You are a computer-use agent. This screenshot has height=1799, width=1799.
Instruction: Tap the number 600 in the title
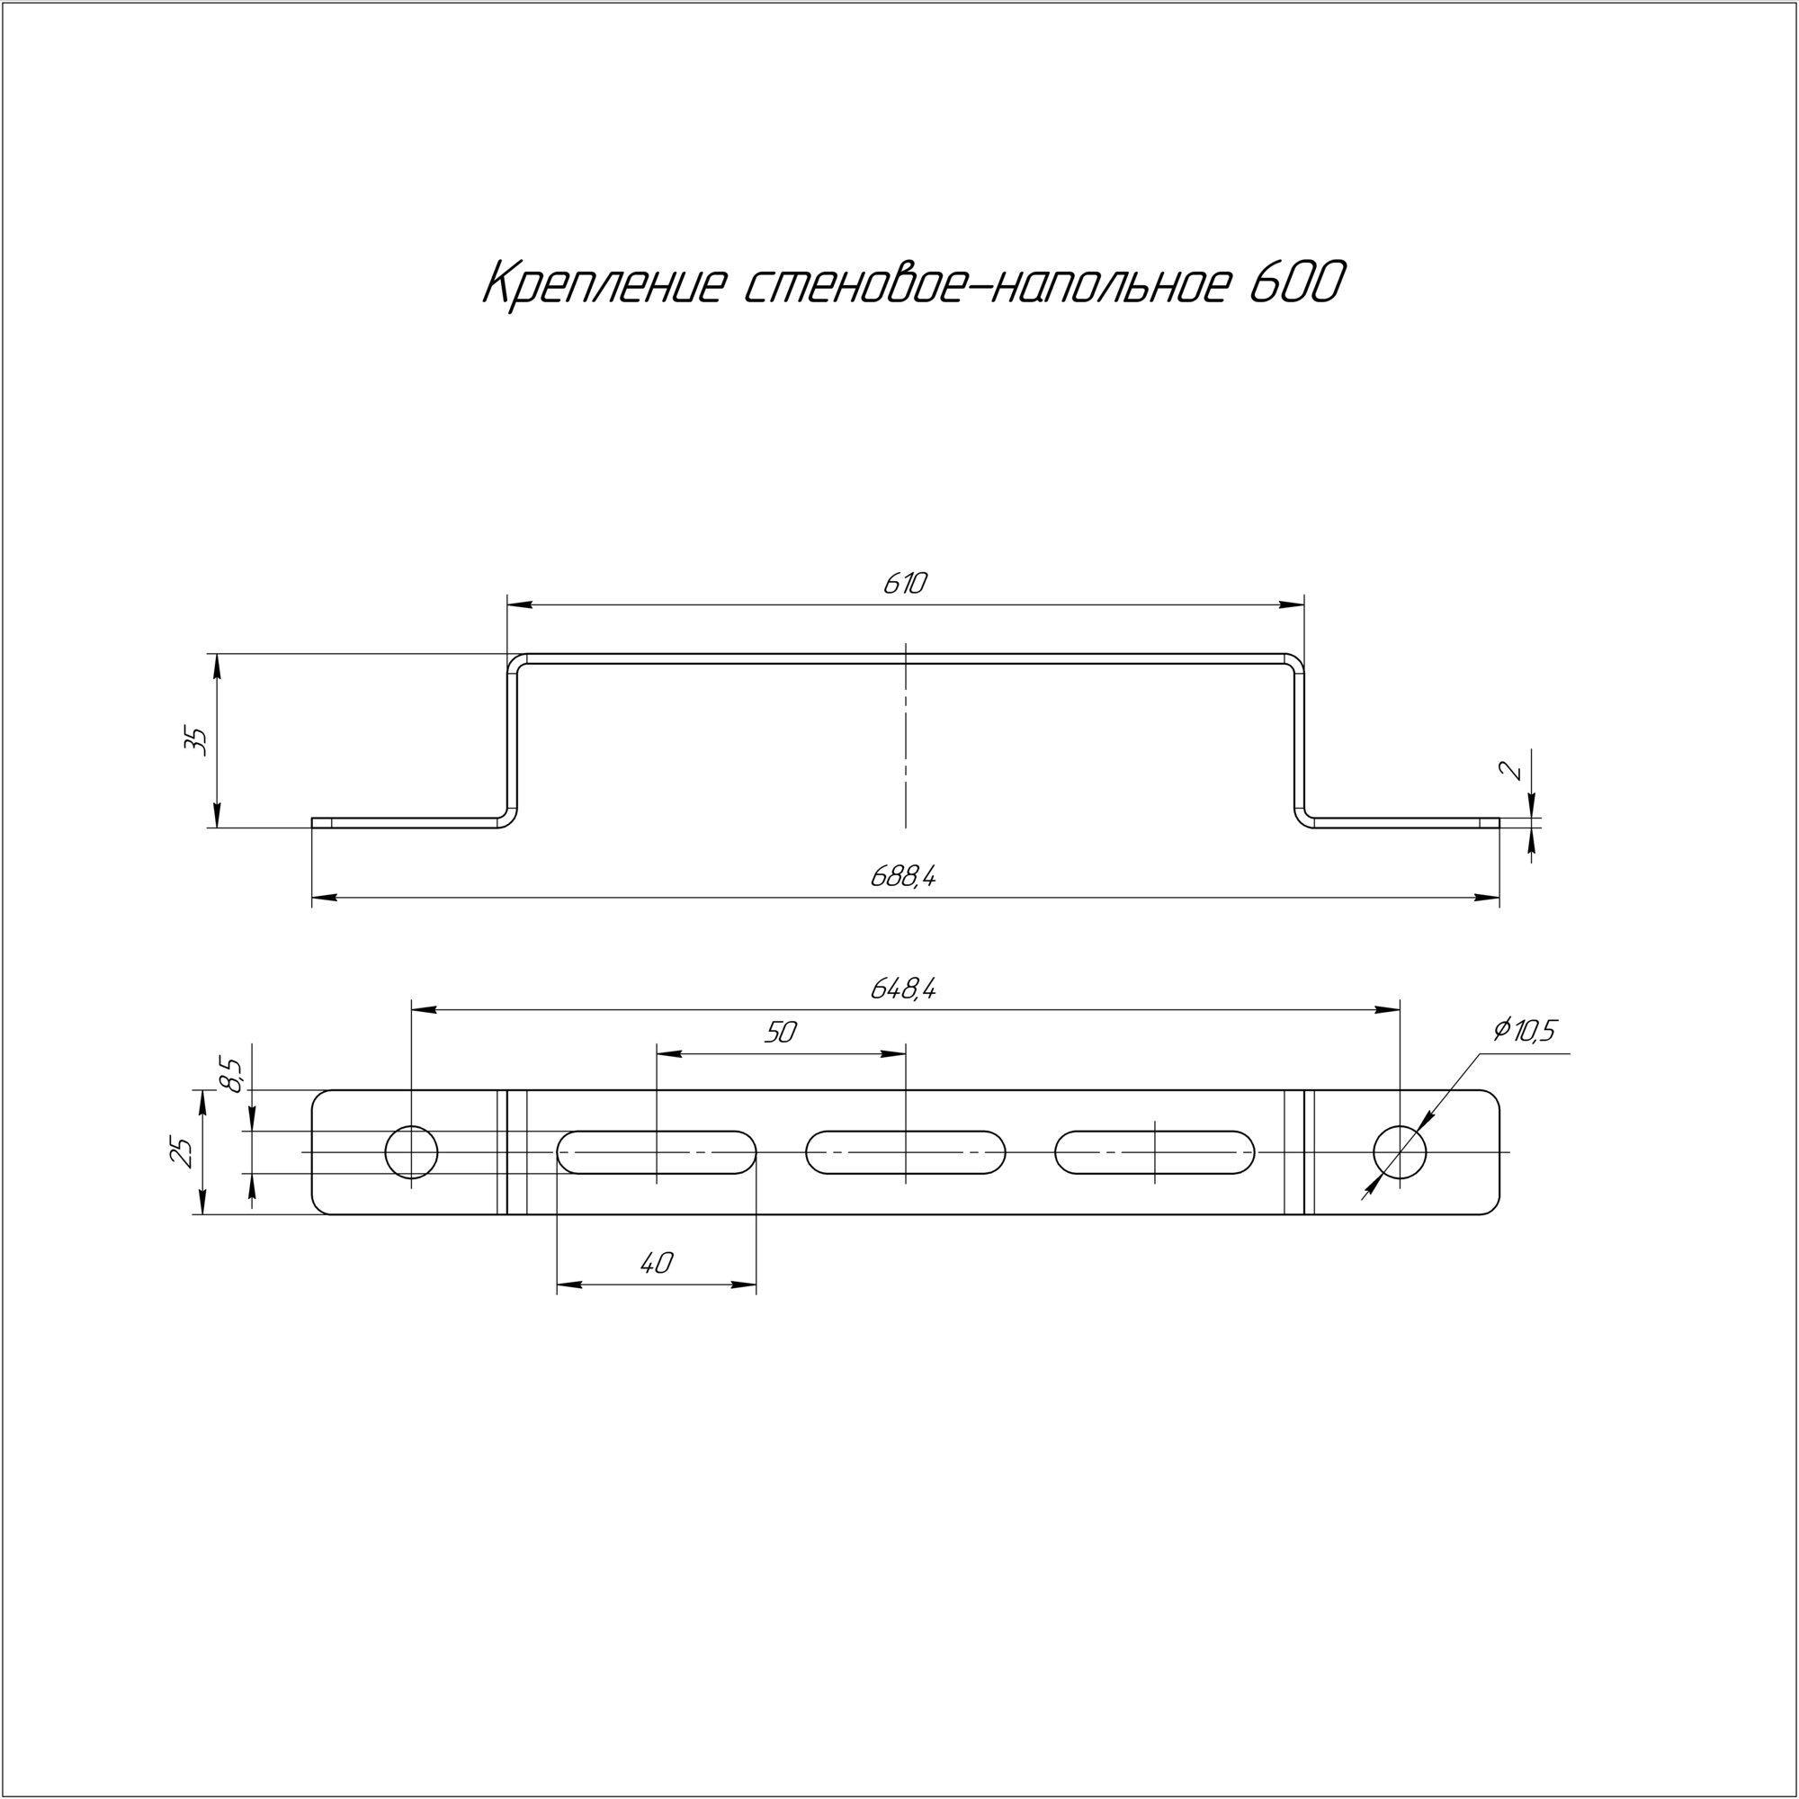pos(1297,283)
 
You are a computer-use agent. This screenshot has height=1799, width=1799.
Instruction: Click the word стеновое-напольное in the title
pos(985,285)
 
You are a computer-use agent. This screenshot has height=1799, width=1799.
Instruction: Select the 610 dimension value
pos(905,584)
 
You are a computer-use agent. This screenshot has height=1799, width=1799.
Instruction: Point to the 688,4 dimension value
pos(903,875)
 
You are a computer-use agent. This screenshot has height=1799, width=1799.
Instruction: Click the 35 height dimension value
pos(196,740)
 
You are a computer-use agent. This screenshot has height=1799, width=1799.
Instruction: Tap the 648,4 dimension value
pos(903,988)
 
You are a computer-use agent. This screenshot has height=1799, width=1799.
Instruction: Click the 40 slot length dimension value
pos(657,1263)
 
